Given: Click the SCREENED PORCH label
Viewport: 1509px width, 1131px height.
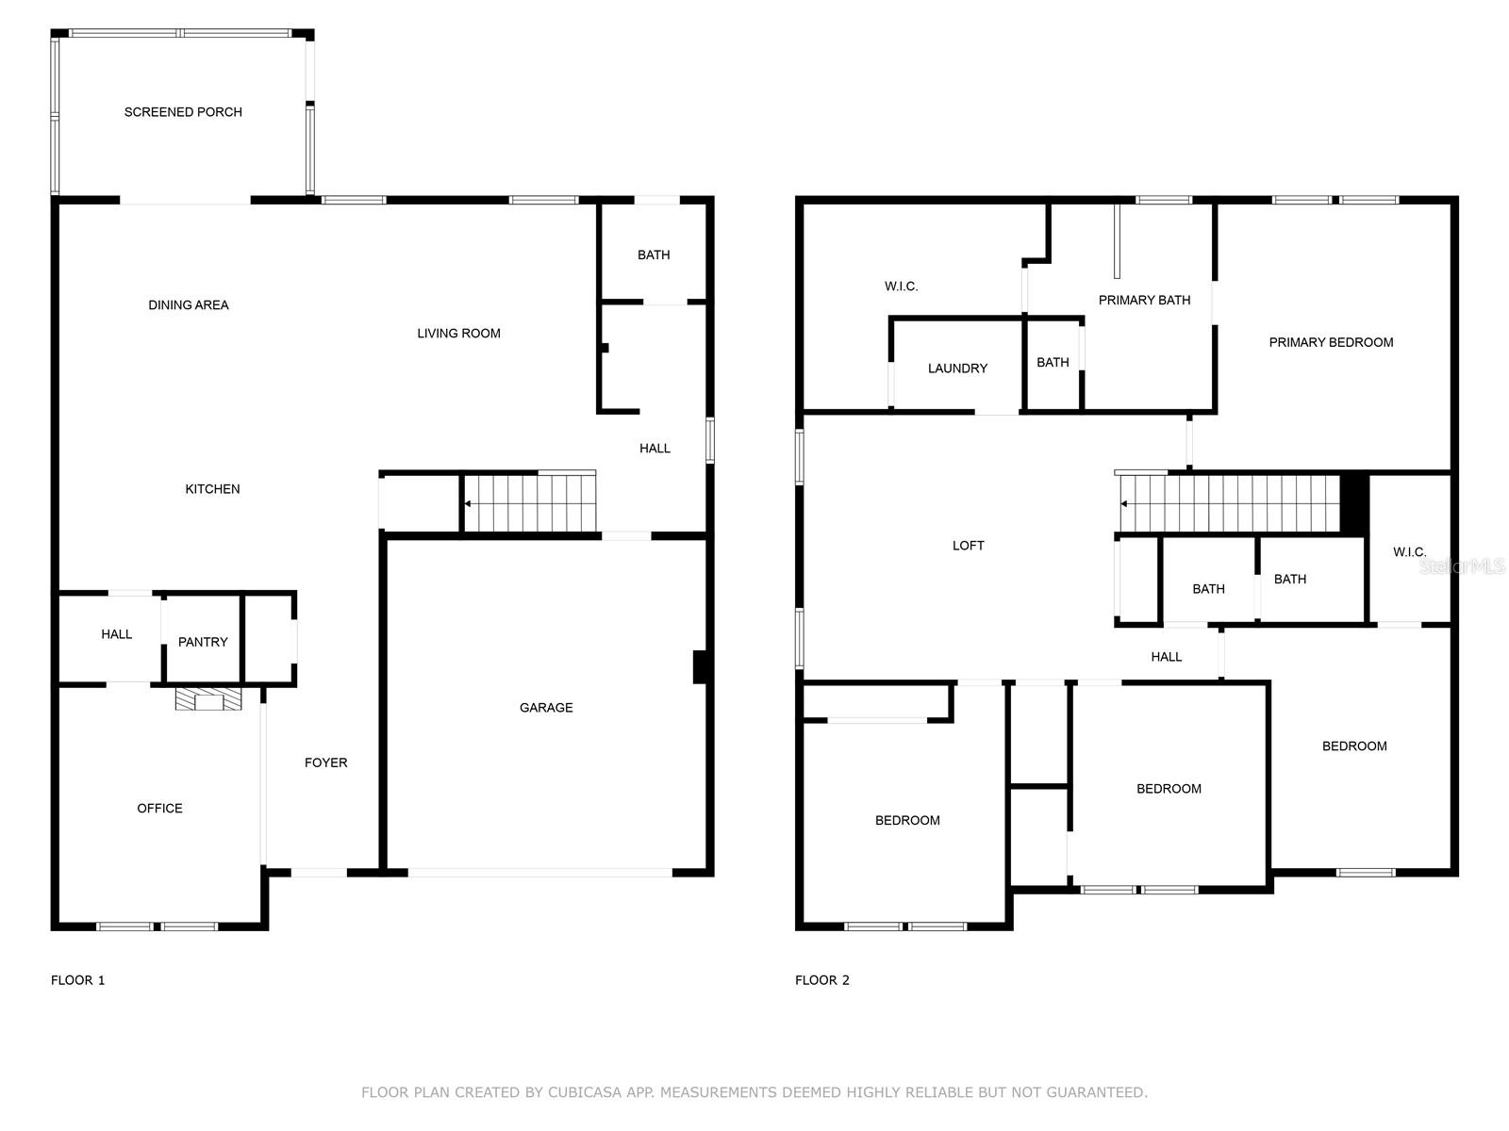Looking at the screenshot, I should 183,112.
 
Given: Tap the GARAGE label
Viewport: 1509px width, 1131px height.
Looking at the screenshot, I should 546,708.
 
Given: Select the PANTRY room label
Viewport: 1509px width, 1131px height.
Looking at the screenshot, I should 203,642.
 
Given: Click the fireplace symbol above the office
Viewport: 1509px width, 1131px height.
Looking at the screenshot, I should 208,699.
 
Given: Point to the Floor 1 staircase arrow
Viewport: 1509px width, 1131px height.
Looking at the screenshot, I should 466,504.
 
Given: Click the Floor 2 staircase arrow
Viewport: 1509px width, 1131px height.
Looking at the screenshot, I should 1124,504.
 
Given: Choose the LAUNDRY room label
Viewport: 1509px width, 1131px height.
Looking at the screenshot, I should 957,369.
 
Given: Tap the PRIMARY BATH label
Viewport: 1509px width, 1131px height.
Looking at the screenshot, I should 1144,300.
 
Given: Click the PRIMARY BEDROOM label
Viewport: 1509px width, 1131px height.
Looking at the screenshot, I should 1331,342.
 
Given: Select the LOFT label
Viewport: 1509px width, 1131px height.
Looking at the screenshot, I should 968,546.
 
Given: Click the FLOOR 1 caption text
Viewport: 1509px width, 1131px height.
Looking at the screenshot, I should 78,980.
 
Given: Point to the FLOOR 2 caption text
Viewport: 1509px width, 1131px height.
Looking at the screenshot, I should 822,980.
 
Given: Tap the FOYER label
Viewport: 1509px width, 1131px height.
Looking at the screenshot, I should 325,762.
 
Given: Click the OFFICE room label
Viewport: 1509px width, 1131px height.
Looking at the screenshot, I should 159,809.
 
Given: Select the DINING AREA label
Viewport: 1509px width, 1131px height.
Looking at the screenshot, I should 189,305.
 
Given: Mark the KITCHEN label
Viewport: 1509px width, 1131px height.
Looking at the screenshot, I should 212,489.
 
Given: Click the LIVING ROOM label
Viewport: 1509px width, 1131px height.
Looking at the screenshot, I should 458,333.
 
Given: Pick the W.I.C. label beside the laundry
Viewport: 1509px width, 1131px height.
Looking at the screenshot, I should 901,287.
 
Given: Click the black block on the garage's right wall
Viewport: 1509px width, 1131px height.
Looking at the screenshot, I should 700,667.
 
